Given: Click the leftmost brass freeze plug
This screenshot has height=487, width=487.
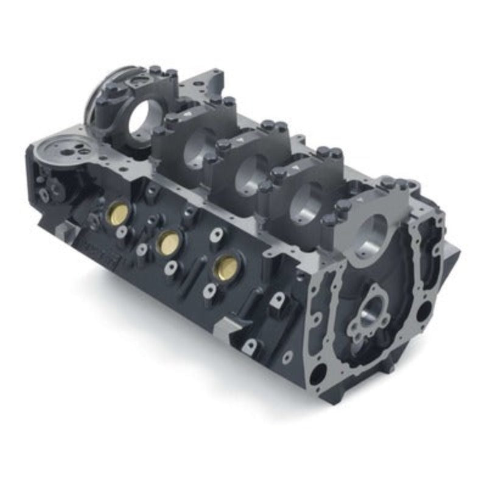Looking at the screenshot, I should (x=118, y=212).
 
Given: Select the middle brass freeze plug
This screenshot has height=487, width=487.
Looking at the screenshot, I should (x=167, y=242).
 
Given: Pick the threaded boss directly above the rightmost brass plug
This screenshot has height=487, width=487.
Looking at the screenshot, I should (x=217, y=234).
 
